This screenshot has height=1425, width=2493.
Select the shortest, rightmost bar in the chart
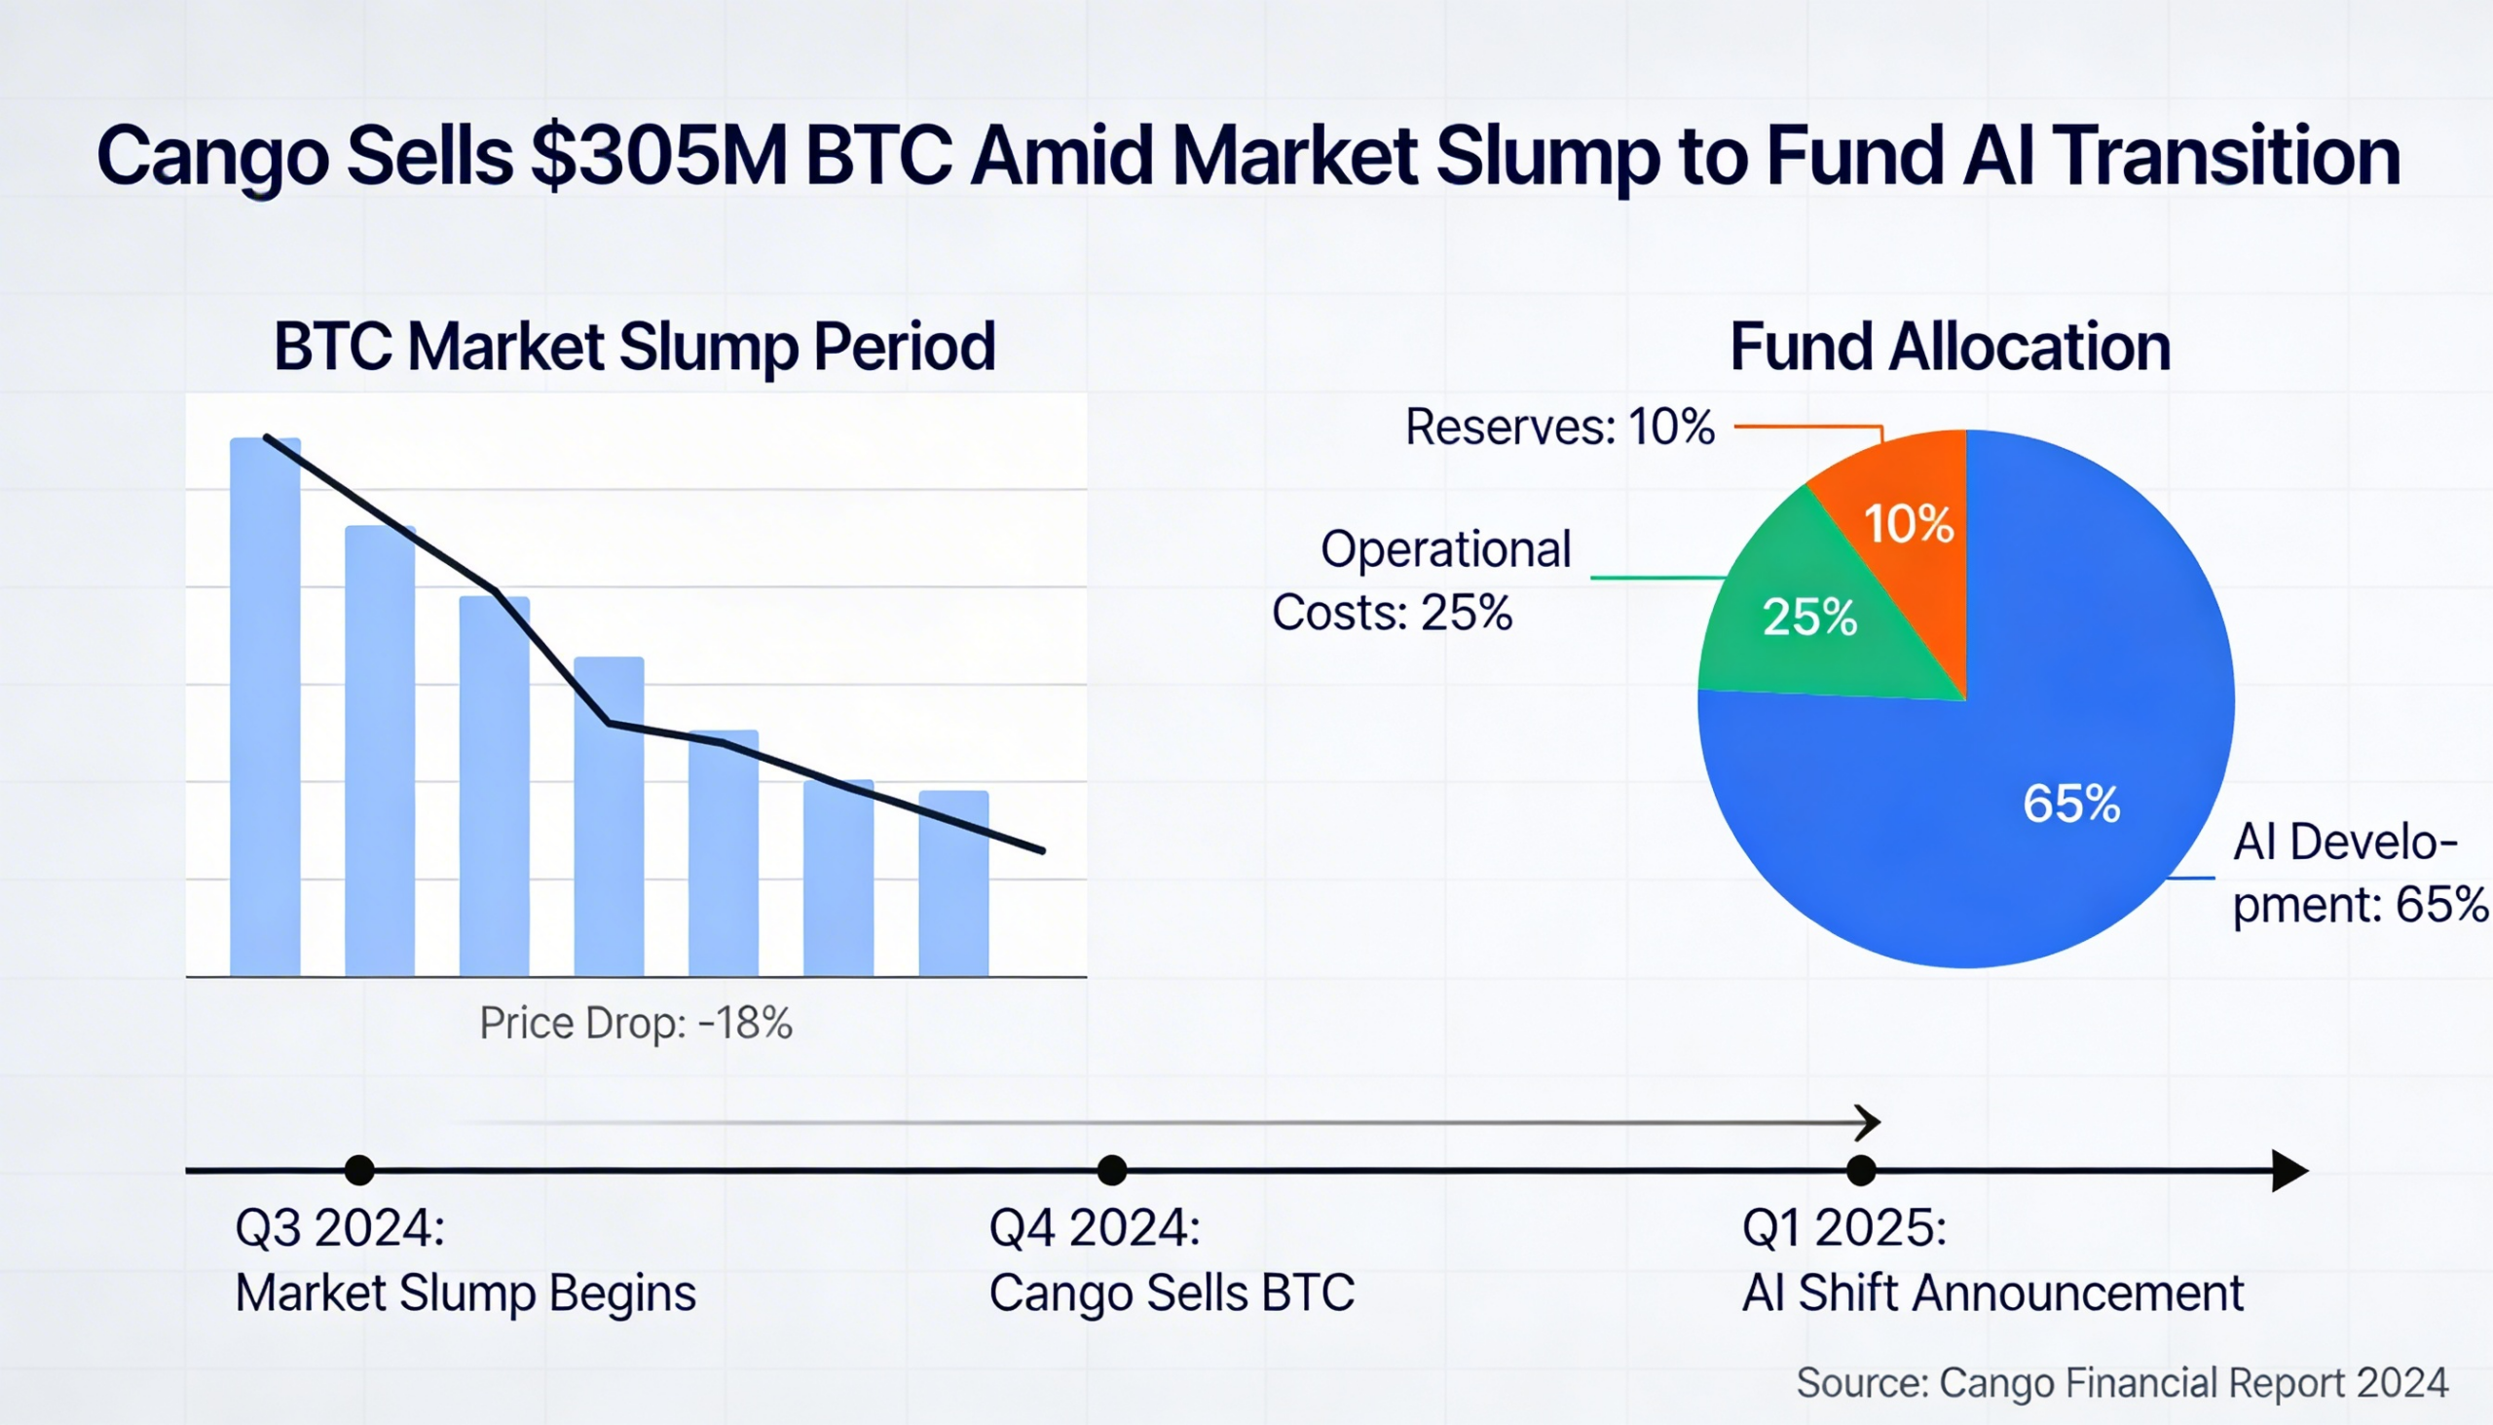[953, 882]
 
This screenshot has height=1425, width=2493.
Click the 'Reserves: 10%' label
[1560, 428]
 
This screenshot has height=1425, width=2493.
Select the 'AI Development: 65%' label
[2358, 873]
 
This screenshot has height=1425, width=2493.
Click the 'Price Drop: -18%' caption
[635, 1024]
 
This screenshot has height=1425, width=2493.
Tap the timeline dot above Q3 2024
[359, 1170]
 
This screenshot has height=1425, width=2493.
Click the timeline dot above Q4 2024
[1111, 1170]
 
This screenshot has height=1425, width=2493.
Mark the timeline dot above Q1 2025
[1861, 1170]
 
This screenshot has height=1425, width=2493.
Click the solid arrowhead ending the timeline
[2289, 1171]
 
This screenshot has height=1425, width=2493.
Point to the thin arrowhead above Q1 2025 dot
[1869, 1123]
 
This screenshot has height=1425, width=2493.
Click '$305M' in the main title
[658, 157]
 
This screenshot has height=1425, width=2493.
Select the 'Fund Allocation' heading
[1950, 348]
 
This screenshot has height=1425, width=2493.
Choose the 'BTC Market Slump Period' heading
[634, 348]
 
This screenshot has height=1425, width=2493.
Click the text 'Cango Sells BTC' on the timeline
[1172, 1293]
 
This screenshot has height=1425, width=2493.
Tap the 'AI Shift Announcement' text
[1992, 1293]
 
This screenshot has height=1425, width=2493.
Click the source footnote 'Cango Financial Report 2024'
[2192, 1383]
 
